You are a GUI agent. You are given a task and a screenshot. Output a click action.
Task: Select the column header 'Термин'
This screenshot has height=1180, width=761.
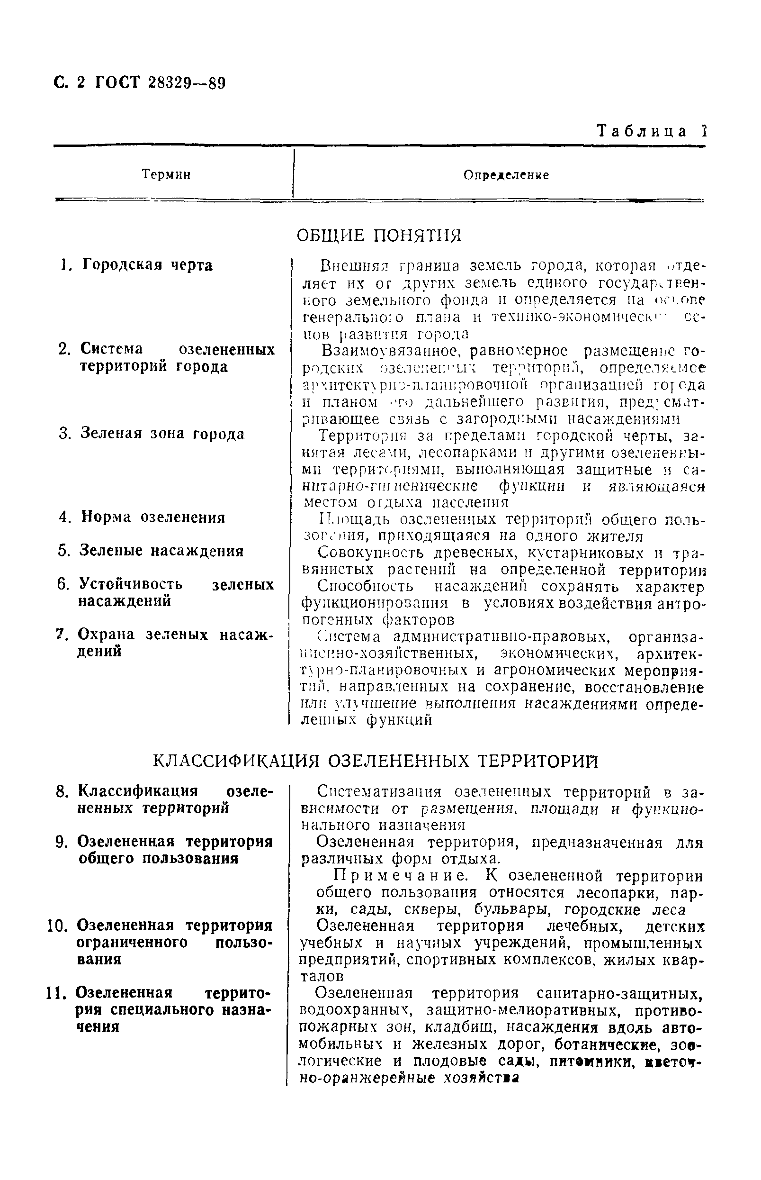(166, 174)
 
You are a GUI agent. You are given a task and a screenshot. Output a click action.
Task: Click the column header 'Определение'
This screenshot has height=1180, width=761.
(506, 175)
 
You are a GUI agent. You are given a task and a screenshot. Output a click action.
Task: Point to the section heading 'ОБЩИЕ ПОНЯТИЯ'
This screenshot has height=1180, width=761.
(378, 236)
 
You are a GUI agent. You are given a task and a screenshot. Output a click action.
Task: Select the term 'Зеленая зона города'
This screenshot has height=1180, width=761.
(162, 434)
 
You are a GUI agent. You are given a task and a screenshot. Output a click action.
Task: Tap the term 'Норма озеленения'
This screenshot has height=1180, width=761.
(152, 517)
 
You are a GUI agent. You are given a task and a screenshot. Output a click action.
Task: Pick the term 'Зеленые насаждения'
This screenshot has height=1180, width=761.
(161, 551)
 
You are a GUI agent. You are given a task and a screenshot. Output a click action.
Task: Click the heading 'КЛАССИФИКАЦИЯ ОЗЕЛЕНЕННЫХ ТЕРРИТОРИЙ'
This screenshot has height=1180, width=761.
(376, 762)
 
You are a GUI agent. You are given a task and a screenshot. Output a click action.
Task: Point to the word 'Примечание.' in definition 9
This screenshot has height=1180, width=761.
(400, 876)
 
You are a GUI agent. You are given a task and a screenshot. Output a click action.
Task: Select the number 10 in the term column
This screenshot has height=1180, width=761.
(57, 926)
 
